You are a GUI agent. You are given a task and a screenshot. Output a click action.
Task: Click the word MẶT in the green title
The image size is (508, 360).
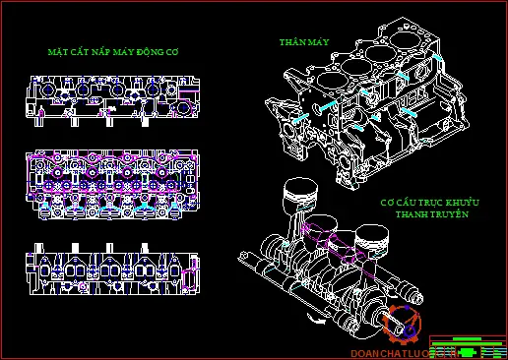[59, 50]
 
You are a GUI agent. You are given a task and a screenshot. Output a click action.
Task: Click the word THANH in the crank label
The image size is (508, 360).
[412, 213]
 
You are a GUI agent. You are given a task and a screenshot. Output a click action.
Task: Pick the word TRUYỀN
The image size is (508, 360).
[449, 213]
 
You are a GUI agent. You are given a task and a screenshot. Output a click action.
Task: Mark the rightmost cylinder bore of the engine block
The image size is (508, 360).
[410, 46]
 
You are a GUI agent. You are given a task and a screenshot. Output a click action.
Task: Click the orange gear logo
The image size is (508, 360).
[404, 326]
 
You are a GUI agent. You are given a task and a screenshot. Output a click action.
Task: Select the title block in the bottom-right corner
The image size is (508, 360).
[466, 346]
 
